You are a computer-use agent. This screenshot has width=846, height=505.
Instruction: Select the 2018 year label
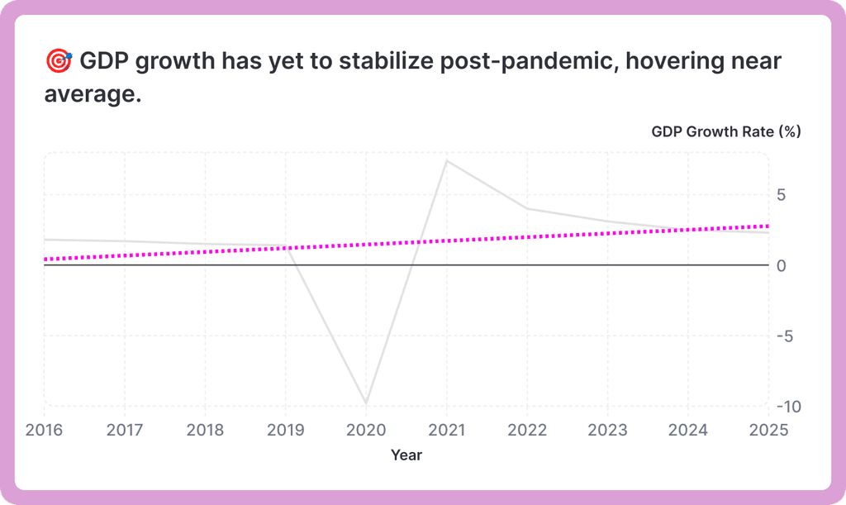click(x=205, y=430)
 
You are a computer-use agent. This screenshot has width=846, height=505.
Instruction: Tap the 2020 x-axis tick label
click(x=366, y=430)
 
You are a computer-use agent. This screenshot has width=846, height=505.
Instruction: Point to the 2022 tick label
click(x=527, y=430)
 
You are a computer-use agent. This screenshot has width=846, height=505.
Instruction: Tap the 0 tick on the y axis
click(x=782, y=265)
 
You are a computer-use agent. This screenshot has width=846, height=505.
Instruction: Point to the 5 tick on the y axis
click(x=782, y=195)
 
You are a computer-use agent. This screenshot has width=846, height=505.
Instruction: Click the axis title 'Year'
click(x=406, y=455)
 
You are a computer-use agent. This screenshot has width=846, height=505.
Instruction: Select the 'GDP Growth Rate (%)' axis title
click(x=725, y=131)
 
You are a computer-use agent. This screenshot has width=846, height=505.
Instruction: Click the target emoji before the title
click(x=59, y=61)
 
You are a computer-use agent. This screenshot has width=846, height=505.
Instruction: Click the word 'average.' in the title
click(x=93, y=95)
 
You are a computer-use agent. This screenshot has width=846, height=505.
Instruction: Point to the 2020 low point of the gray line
click(x=366, y=403)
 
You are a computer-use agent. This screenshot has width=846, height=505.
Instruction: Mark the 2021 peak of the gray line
click(x=447, y=160)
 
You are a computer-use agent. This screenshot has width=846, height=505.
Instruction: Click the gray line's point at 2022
click(x=527, y=208)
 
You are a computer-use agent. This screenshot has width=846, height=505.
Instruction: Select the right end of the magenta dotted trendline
click(x=768, y=226)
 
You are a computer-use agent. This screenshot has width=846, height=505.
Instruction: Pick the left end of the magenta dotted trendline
click(x=45, y=259)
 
